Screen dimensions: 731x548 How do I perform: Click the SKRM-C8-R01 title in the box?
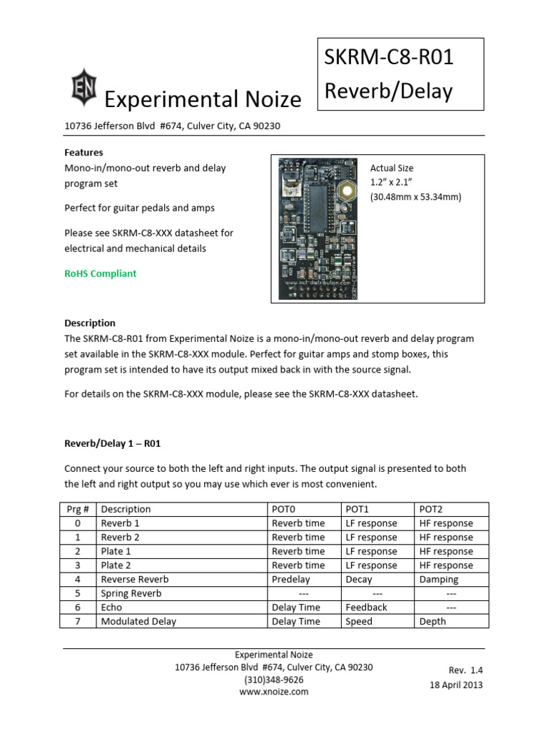(389, 58)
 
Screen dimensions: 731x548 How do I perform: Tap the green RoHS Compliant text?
(100, 273)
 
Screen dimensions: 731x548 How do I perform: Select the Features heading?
(83, 152)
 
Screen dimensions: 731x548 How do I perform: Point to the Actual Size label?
(392, 168)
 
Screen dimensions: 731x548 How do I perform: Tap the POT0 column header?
(283, 509)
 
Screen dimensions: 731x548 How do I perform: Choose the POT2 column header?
(431, 509)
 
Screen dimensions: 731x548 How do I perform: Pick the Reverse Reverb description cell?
(135, 579)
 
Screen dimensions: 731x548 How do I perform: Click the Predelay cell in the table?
(291, 579)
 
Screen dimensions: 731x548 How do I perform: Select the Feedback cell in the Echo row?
(366, 607)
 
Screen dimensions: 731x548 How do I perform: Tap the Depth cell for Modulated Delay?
(432, 621)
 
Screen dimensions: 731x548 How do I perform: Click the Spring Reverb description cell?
(131, 593)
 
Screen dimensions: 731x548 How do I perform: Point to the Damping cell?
(439, 579)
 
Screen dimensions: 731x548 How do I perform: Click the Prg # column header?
(77, 509)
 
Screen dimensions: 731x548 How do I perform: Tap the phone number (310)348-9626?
(274, 680)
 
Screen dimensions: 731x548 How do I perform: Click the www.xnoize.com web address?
(274, 692)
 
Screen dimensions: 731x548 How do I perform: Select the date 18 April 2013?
(456, 685)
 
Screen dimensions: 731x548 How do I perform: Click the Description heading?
(90, 323)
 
